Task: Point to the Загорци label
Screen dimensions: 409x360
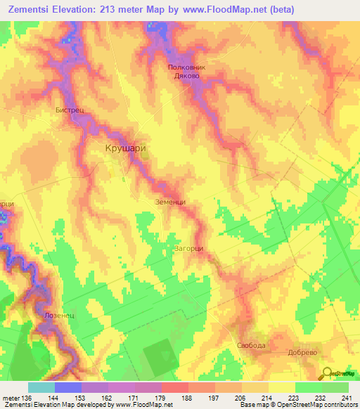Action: click(188, 248)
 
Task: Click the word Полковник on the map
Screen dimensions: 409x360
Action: click(188, 67)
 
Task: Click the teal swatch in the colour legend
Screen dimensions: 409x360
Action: click(41, 387)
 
